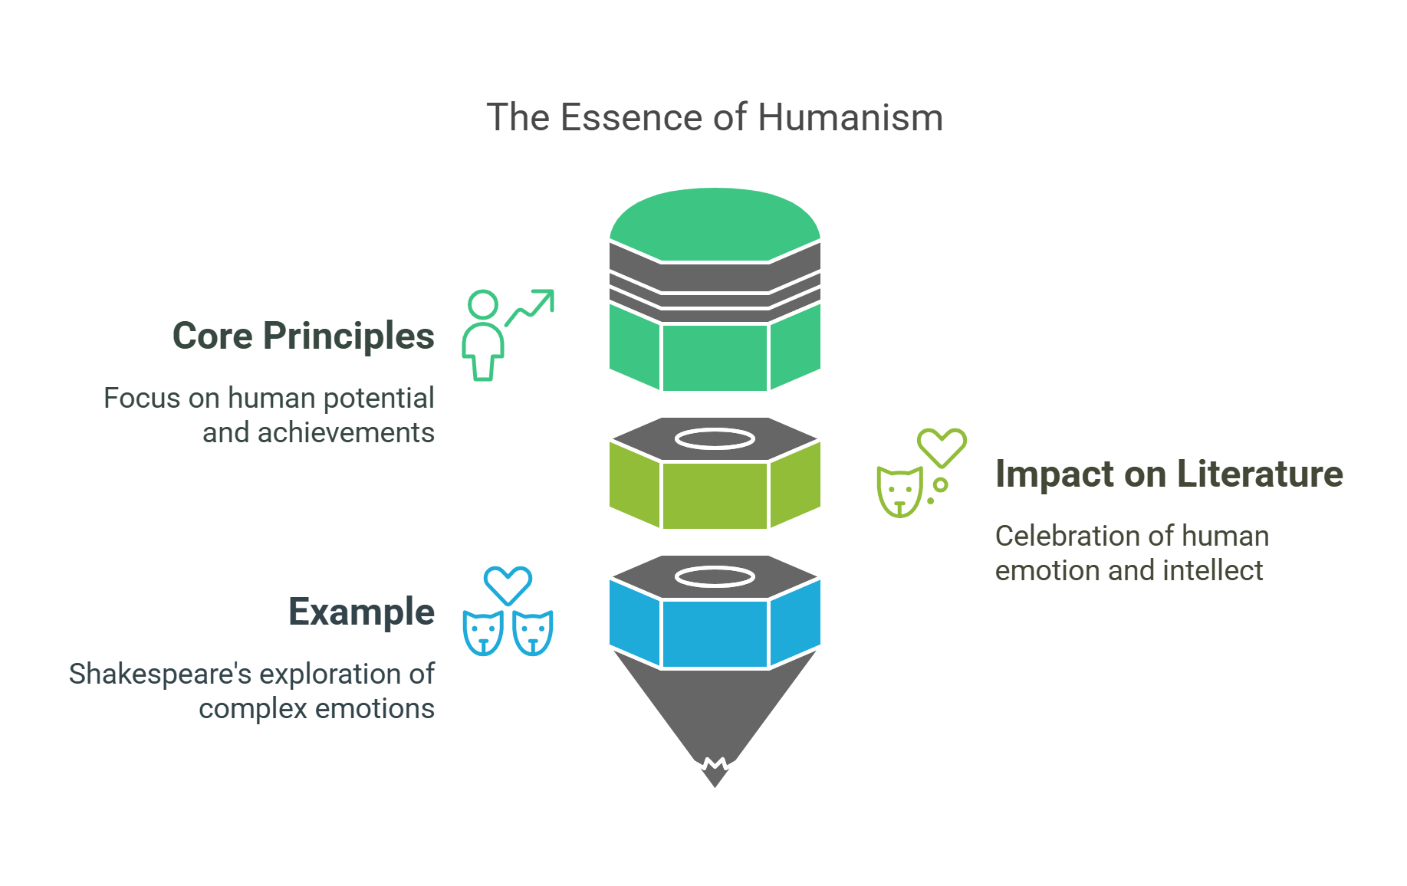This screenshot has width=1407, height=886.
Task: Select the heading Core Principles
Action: (303, 336)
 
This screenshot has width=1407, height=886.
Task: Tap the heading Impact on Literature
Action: (1169, 474)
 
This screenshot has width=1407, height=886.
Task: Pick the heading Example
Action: (361, 612)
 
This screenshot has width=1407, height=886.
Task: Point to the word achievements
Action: (346, 433)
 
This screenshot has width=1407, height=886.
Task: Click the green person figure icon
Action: (483, 337)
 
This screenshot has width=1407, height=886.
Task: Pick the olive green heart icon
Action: (942, 447)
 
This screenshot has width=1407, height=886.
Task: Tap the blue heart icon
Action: (508, 585)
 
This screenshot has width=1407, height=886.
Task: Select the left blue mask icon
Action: (483, 633)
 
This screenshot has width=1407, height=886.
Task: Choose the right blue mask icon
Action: (533, 633)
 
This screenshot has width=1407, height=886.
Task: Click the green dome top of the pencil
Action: (715, 222)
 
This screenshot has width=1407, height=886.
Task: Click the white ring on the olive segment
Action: (715, 439)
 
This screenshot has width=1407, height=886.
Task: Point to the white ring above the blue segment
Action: (715, 577)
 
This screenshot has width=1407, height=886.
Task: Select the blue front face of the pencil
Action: (715, 634)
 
